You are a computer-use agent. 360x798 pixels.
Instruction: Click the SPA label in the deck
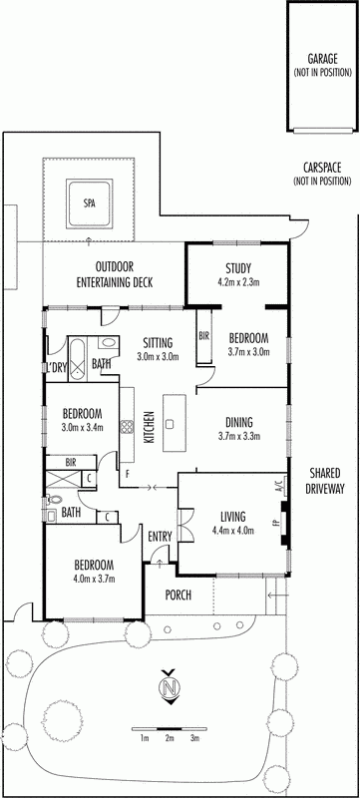click(89, 203)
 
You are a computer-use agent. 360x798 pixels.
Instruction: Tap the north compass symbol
click(171, 686)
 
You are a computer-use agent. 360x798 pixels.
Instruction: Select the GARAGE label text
click(322, 59)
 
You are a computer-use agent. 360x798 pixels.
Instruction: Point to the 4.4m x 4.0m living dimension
click(234, 531)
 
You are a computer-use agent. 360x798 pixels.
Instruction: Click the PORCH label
click(178, 595)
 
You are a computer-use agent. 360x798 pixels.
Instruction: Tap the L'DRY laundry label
click(57, 367)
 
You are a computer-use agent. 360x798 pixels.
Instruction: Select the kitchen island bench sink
click(171, 423)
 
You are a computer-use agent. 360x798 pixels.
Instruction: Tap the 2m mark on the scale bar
click(170, 738)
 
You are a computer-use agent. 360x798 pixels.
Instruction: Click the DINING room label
click(239, 421)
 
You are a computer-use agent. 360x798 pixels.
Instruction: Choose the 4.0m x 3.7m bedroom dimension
click(94, 579)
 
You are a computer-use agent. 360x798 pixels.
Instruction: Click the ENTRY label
click(160, 536)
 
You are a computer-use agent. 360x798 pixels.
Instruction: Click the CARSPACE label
click(322, 167)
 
